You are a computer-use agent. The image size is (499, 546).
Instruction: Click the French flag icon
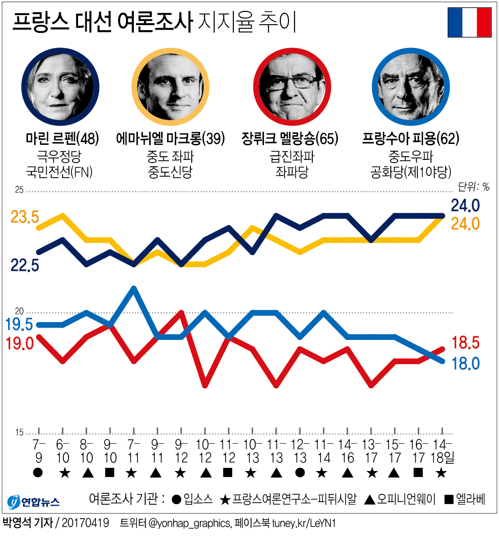(x=469, y=22)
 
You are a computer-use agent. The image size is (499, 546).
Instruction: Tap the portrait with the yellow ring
(x=170, y=87)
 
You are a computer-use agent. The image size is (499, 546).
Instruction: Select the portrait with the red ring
(x=292, y=87)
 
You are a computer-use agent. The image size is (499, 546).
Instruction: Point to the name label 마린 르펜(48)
(x=62, y=138)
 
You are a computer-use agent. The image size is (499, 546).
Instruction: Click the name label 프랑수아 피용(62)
(x=410, y=138)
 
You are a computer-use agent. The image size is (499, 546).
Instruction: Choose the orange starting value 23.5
(x=25, y=217)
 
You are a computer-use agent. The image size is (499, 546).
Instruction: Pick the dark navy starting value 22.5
(x=25, y=265)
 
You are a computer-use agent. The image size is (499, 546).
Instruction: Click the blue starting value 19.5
(x=19, y=324)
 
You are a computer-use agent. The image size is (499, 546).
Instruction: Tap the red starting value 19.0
(x=20, y=343)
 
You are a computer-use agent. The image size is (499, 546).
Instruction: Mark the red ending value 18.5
(x=465, y=343)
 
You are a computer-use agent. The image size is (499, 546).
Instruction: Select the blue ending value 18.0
(x=465, y=364)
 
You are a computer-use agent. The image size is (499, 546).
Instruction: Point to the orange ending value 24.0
(x=465, y=224)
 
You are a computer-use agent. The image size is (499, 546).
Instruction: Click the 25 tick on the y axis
(x=19, y=190)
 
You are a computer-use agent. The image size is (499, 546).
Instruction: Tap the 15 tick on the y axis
(x=19, y=432)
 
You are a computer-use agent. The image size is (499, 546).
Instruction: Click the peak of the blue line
(x=134, y=288)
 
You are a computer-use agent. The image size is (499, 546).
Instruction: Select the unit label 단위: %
(x=473, y=186)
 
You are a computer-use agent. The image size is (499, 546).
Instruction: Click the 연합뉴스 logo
(x=34, y=502)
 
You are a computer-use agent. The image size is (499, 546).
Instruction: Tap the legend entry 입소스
(x=193, y=499)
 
